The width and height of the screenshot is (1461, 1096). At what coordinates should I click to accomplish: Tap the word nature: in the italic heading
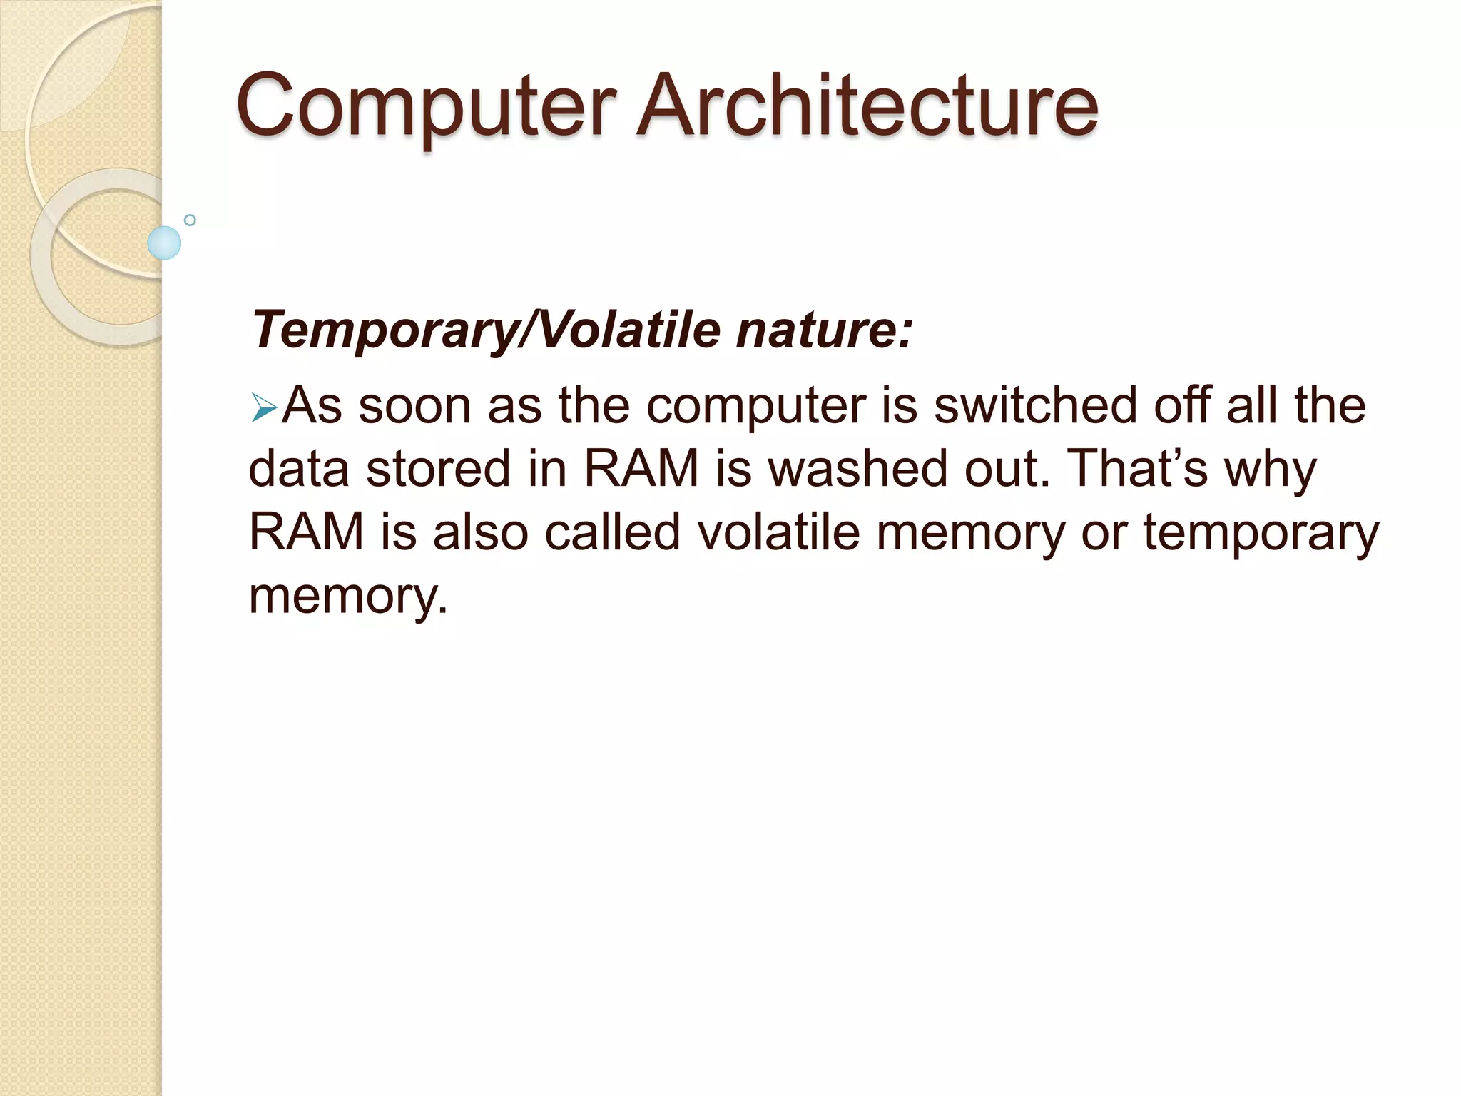tap(824, 330)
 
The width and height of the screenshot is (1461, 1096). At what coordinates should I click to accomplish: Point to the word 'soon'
tap(414, 406)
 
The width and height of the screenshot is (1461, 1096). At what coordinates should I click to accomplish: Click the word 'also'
tap(479, 532)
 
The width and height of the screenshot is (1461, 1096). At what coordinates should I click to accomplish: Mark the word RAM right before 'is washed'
tap(641, 469)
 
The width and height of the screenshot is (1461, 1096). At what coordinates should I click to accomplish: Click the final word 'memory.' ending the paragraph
tap(348, 597)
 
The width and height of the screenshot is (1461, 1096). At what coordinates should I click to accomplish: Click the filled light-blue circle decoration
tap(164, 243)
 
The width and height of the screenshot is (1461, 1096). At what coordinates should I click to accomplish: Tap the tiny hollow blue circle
tap(190, 220)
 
